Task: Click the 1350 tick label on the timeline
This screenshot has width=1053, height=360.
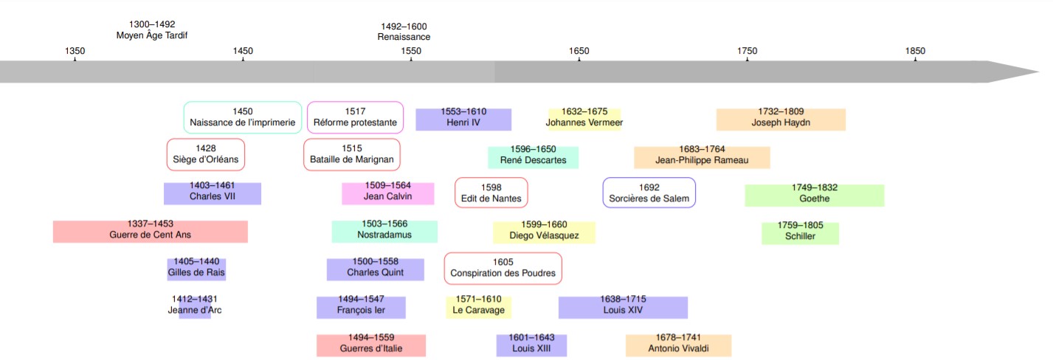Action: tap(75, 51)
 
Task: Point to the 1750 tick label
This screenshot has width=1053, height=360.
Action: tap(747, 51)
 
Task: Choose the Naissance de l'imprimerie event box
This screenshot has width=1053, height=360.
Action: tap(243, 117)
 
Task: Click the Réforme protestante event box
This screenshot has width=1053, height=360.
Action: tap(355, 117)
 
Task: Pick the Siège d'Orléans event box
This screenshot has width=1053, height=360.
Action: tap(206, 154)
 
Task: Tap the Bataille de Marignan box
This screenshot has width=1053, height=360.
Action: tap(352, 154)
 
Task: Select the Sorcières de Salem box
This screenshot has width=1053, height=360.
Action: tap(649, 193)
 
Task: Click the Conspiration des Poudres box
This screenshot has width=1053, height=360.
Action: tap(503, 268)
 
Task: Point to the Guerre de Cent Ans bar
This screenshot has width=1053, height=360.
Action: tap(151, 231)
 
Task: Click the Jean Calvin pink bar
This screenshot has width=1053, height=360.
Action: tap(388, 193)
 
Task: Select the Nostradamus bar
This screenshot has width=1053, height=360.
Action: tap(384, 231)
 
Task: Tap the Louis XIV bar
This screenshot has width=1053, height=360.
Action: tap(623, 307)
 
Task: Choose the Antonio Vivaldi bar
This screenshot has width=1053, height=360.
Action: tap(678, 345)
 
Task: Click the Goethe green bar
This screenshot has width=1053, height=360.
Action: tap(814, 195)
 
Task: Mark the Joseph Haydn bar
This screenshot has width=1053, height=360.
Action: tap(781, 120)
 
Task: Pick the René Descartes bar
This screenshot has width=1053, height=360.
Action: tap(533, 157)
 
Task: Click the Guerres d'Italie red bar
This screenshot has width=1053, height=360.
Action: tap(371, 345)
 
